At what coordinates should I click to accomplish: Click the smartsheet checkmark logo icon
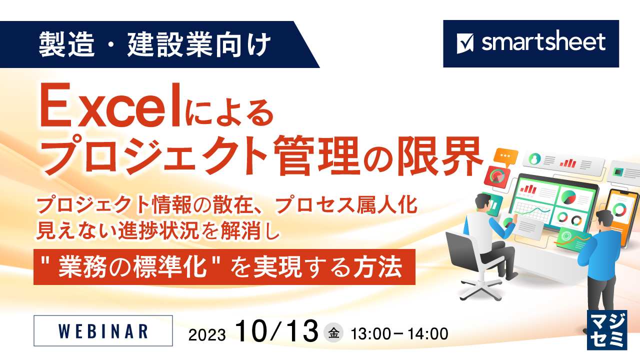(465, 43)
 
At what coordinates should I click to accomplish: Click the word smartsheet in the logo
(543, 42)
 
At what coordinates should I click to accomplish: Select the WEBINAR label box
(103, 330)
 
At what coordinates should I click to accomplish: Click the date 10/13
(277, 331)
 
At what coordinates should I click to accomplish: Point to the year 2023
(207, 333)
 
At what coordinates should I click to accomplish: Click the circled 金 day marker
(334, 333)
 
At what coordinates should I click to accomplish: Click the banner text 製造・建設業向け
(155, 44)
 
